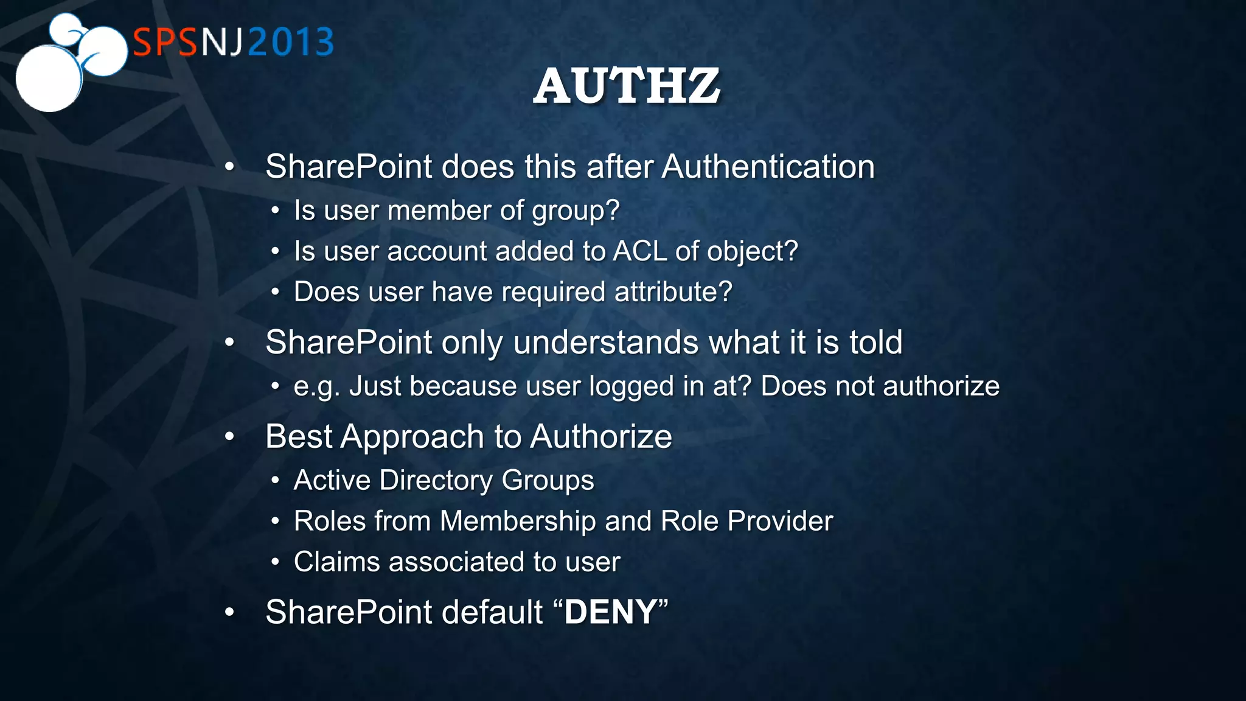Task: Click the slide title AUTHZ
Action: pos(627,86)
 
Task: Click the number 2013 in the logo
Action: pos(291,42)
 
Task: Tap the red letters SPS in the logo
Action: pos(165,42)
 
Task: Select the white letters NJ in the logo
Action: pos(222,42)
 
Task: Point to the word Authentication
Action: pos(768,167)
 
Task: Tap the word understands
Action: pos(606,342)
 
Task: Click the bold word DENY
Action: pos(611,612)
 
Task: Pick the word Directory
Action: pos(436,480)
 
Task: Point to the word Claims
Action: pos(336,562)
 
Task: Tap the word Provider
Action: pos(780,521)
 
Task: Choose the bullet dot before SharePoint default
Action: pos(229,612)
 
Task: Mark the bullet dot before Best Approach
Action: pos(229,437)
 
